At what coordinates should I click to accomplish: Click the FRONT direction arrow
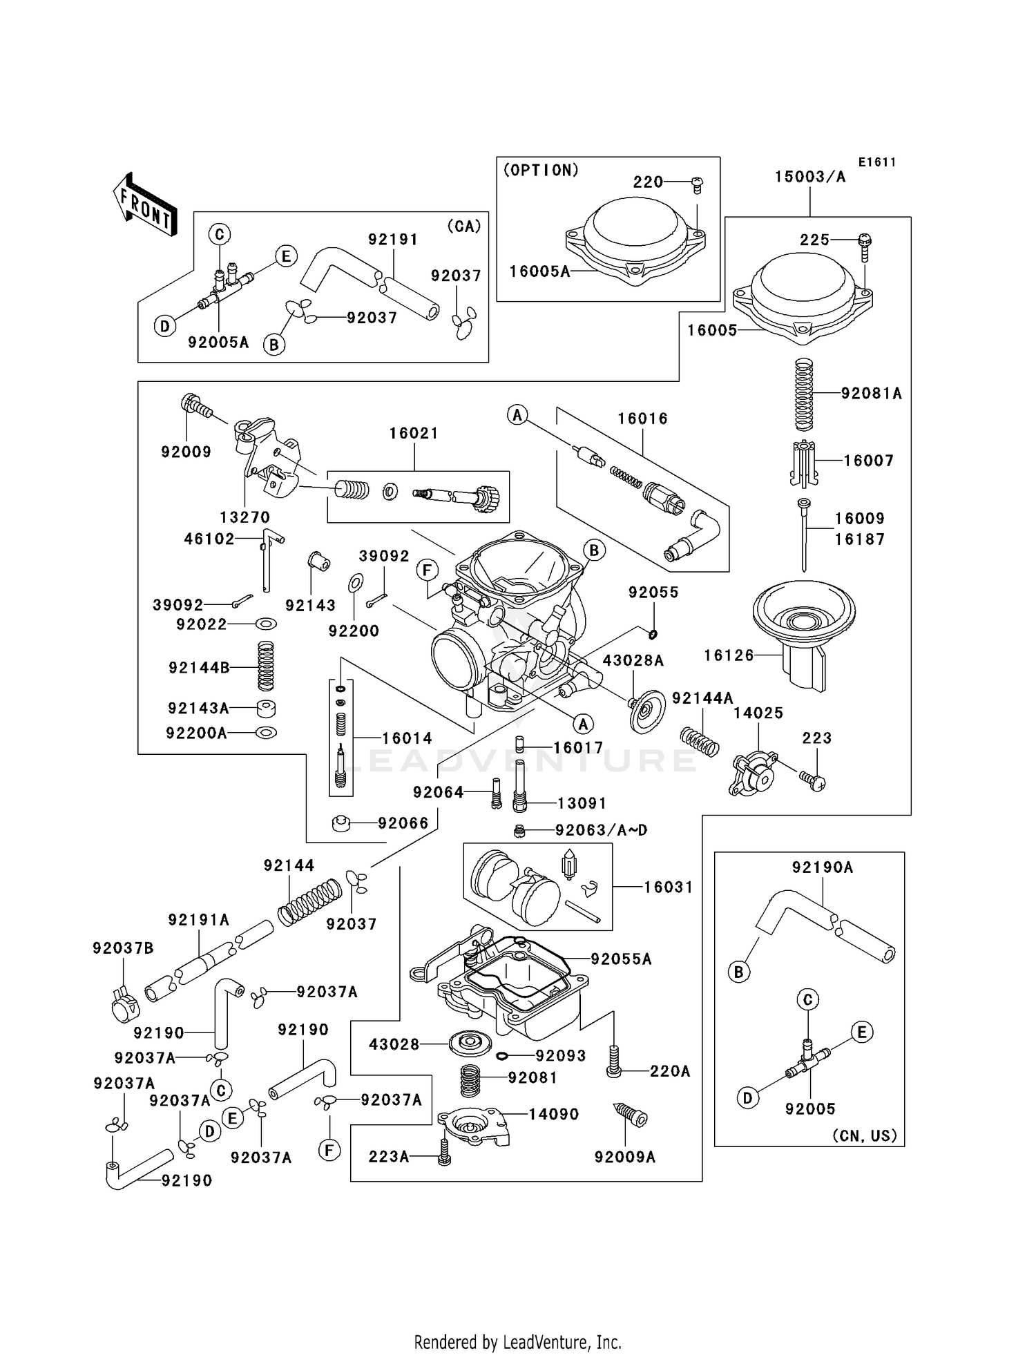tap(145, 205)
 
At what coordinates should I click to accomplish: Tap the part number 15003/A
tap(809, 177)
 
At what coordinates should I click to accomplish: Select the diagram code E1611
tap(876, 162)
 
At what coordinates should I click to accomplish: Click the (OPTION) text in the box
tap(541, 171)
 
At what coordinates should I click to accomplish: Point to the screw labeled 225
tap(864, 244)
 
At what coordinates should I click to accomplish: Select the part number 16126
tap(729, 655)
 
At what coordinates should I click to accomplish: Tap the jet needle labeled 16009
tap(803, 535)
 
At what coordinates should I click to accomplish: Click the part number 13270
tap(244, 517)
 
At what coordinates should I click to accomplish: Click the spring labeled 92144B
tap(265, 665)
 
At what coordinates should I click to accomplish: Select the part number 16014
tap(407, 738)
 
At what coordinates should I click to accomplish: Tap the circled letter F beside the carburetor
tap(428, 570)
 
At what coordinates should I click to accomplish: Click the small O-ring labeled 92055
tap(653, 634)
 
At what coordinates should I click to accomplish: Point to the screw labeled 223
tap(814, 781)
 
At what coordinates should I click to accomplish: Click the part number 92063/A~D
tap(601, 830)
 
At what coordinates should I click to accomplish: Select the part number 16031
tap(668, 887)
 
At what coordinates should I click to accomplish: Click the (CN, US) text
tap(864, 1135)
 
